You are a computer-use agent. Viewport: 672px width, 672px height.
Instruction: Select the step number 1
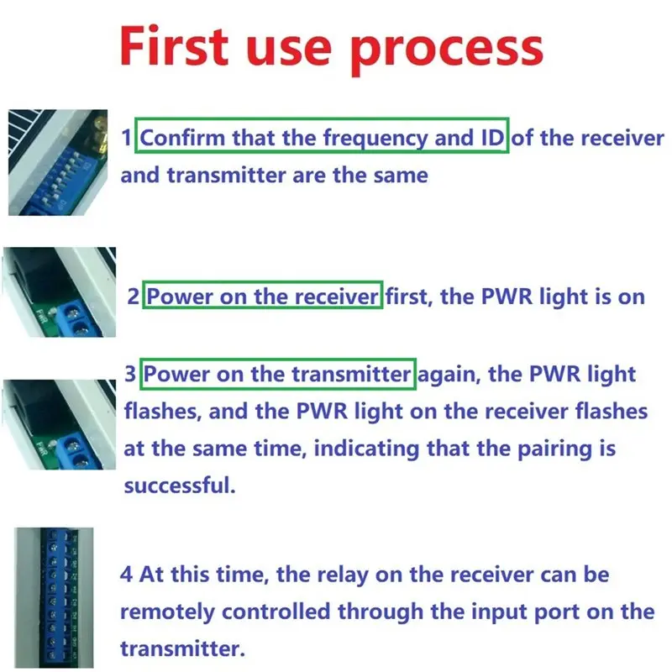pos(128,138)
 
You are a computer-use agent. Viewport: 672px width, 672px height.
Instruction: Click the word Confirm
pos(182,138)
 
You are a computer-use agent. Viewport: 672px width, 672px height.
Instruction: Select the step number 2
pos(133,297)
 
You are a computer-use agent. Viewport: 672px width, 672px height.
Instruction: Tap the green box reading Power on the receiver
pos(263,297)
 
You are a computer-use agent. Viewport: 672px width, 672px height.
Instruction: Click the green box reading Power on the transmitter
pos(278,374)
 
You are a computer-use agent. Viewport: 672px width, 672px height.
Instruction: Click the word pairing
pos(540,448)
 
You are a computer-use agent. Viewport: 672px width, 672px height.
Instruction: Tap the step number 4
pos(126,575)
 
